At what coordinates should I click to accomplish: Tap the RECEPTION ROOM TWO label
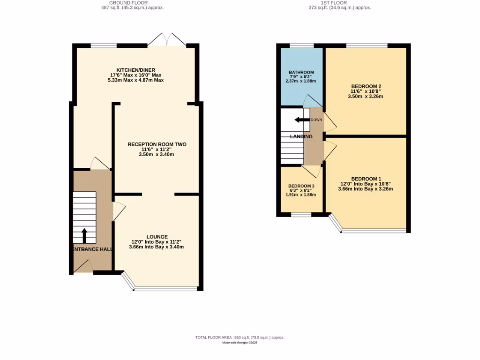click(x=157, y=144)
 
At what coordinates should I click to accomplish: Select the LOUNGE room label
click(x=157, y=237)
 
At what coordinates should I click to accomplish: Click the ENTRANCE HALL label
click(x=92, y=249)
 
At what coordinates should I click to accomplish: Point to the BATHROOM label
click(x=301, y=73)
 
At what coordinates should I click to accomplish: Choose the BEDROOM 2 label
click(x=366, y=86)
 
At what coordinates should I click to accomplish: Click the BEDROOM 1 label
click(x=366, y=179)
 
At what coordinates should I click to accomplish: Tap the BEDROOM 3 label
click(x=301, y=186)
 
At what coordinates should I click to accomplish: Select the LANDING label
click(x=301, y=136)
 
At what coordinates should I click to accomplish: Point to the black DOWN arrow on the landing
click(x=302, y=120)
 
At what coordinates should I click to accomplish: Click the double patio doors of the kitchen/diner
click(x=166, y=39)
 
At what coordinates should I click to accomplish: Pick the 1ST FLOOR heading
click(x=334, y=3)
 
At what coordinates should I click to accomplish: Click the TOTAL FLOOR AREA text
click(x=240, y=337)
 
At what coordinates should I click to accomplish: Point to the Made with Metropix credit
click(x=240, y=343)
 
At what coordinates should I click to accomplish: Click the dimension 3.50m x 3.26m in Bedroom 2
click(x=366, y=97)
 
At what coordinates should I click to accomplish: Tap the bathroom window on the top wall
click(x=301, y=45)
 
